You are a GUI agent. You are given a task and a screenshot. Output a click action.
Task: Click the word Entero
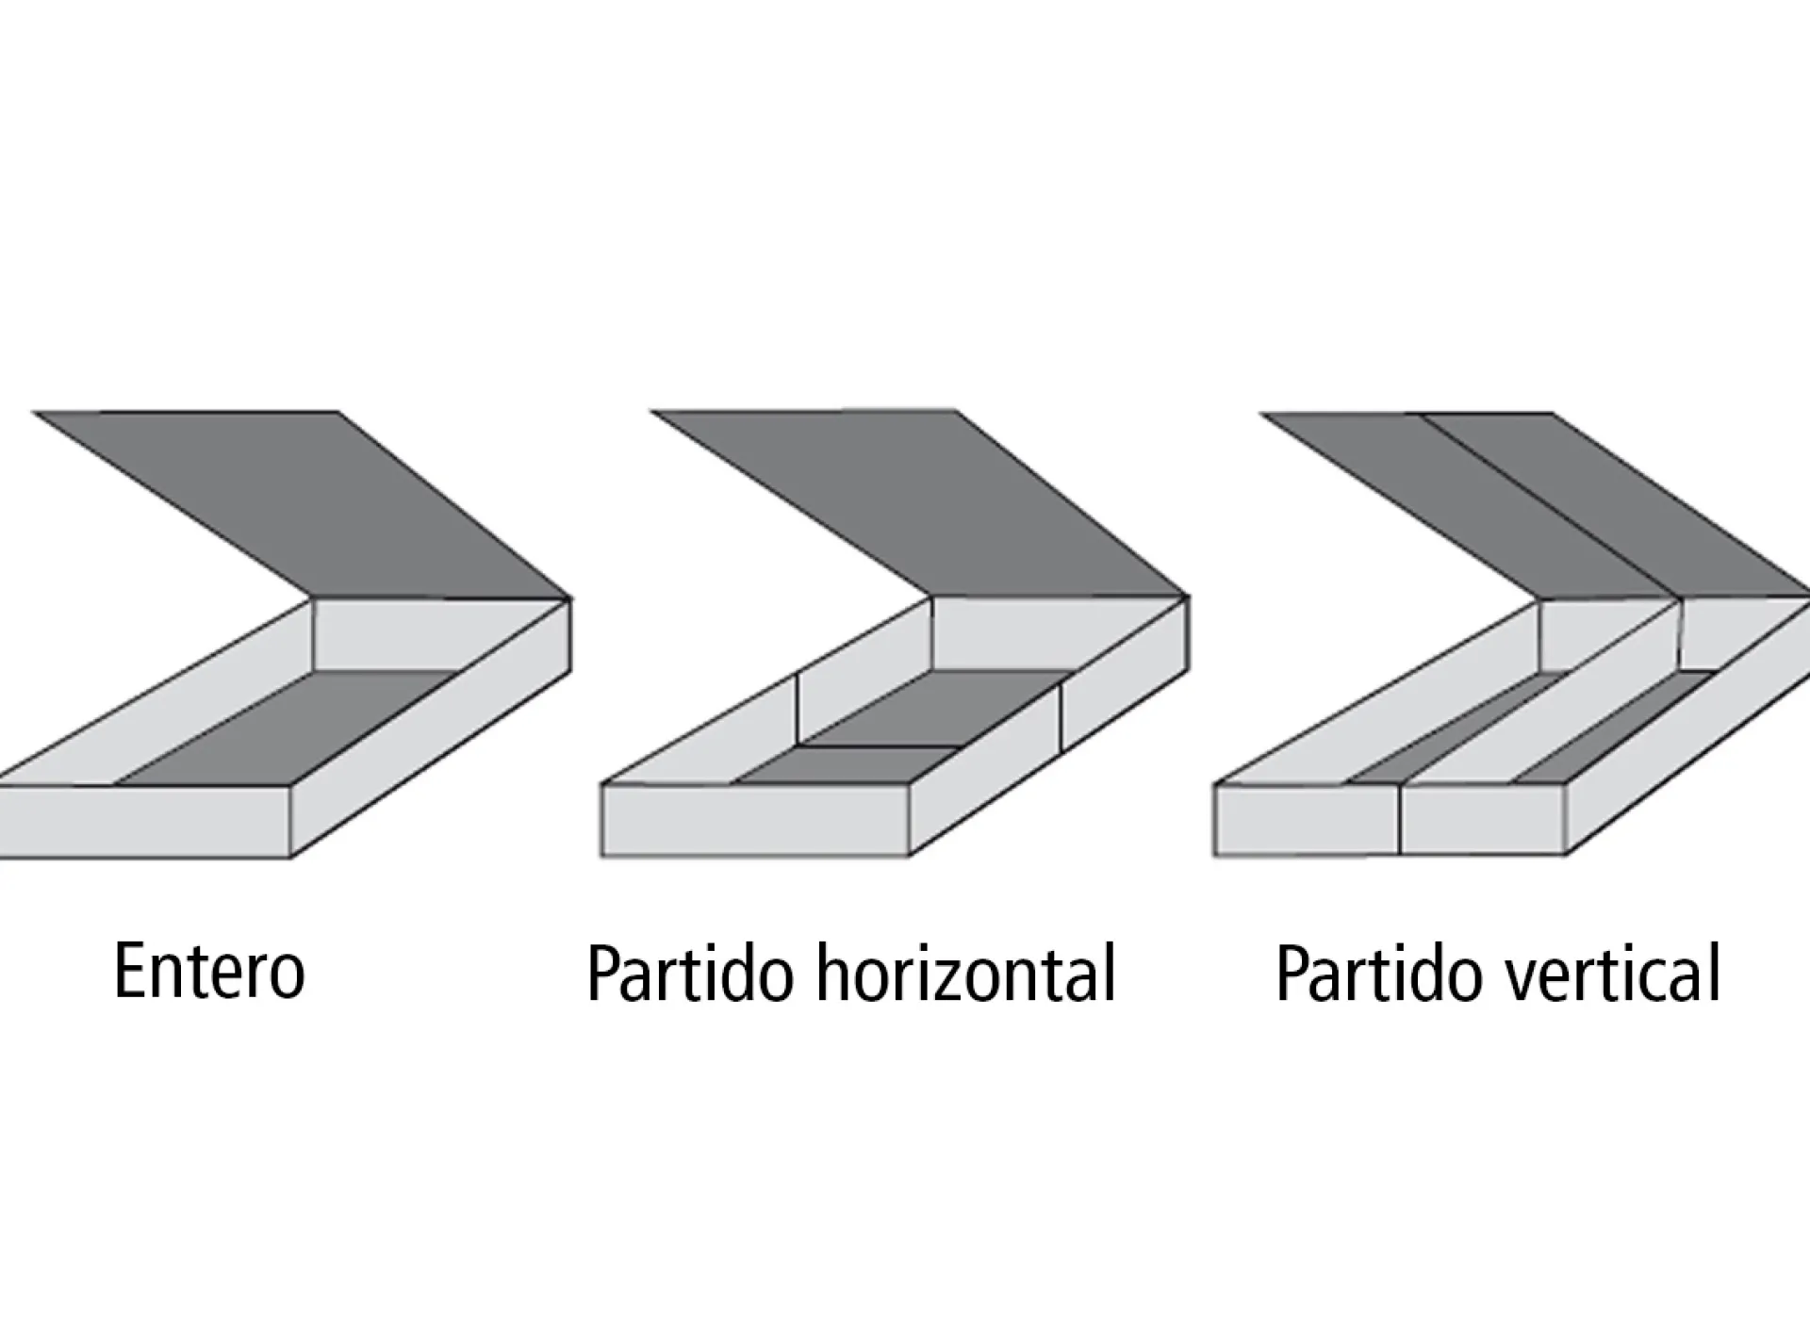click(x=209, y=971)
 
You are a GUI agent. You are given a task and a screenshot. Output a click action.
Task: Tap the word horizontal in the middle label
click(x=965, y=973)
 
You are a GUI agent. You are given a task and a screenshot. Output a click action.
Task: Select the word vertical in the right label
click(x=1611, y=973)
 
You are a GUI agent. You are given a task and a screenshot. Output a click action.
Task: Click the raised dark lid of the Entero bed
click(x=311, y=500)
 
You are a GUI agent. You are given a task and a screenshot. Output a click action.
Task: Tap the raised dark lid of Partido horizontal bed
click(x=929, y=500)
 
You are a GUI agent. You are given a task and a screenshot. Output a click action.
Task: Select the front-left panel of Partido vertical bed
click(x=1307, y=820)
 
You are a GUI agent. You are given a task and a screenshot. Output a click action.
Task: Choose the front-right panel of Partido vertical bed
click(x=1484, y=820)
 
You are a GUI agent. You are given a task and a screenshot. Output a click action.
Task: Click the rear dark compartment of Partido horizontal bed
click(x=933, y=707)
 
